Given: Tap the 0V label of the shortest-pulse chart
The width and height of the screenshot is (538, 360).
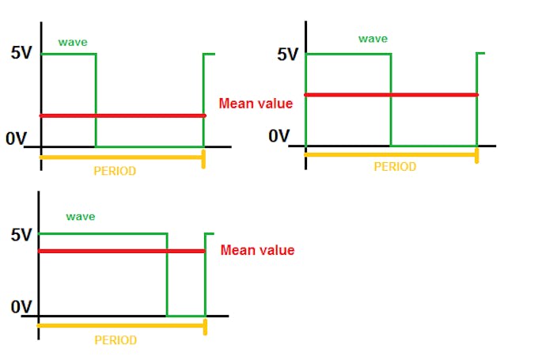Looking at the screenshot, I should coord(16,138).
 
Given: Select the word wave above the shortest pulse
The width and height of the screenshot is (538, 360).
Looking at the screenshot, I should coord(72,41).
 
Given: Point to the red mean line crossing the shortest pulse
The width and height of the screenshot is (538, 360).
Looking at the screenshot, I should coord(123,116).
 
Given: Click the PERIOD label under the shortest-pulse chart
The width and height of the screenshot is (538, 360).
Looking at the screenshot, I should coord(115,171).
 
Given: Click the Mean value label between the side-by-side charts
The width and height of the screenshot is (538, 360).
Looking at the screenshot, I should coord(256,104).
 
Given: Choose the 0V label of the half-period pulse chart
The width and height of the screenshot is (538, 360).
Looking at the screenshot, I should coord(278,135).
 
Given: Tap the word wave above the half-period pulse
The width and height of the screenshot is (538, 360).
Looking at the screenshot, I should coord(373,38).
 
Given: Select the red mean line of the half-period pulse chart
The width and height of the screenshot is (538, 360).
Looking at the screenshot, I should coord(392,95).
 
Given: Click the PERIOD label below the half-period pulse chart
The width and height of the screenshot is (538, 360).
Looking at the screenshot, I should coord(395,167).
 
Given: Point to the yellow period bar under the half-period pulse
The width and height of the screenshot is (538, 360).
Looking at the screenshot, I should coord(392,154).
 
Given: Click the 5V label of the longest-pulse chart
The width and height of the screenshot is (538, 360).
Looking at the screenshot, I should coord(22,235).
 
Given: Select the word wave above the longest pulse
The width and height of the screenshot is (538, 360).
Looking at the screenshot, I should coord(81,216).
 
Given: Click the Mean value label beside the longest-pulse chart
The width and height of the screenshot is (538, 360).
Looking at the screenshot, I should coord(257,250).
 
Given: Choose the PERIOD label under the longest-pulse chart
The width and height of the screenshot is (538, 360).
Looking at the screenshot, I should coord(116,340).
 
